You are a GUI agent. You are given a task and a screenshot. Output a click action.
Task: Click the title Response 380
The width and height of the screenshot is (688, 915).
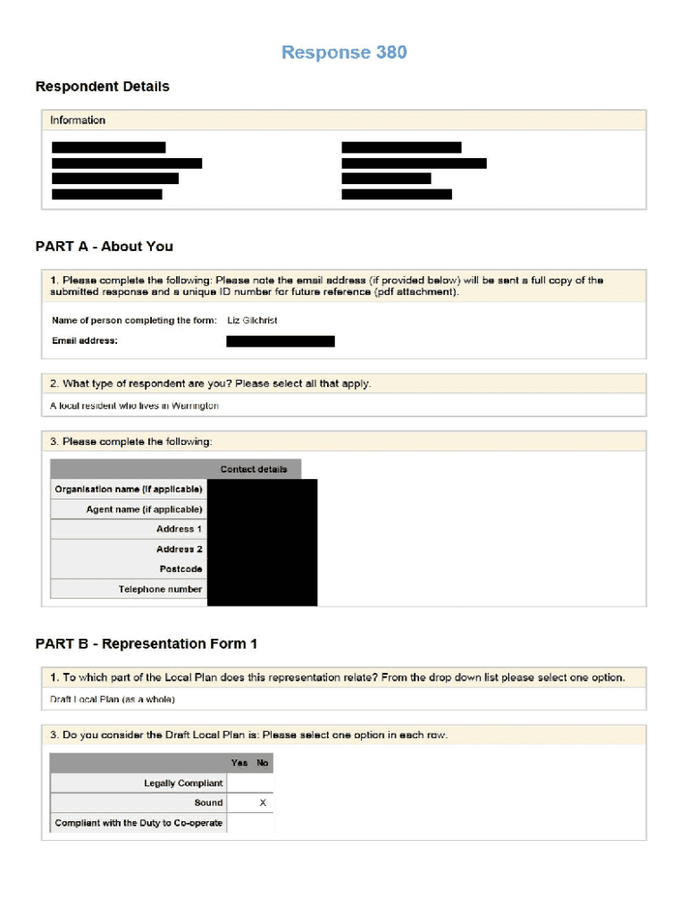344,53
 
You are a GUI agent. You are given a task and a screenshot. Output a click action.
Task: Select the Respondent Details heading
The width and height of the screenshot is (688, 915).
102,87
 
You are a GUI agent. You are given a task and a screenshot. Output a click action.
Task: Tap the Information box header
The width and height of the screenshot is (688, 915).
78,121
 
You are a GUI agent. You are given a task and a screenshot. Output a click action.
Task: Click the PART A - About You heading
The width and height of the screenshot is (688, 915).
104,247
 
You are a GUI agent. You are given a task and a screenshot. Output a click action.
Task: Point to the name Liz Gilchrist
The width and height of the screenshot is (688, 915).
252,320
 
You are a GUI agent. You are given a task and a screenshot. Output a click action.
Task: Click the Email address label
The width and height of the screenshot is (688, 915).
85,340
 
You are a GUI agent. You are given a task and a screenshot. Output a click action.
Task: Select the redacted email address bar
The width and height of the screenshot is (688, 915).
281,341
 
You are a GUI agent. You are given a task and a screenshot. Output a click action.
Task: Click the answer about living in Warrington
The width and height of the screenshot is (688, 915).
134,406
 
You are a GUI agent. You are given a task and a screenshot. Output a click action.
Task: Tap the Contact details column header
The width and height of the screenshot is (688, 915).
254,469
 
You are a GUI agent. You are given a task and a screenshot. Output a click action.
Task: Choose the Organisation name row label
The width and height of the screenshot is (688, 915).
129,490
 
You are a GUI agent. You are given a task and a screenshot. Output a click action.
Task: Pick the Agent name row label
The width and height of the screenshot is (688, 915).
144,509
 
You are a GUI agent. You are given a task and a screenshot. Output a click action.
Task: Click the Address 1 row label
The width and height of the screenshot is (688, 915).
179,529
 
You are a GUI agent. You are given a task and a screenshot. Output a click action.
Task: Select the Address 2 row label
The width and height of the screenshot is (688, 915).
179,550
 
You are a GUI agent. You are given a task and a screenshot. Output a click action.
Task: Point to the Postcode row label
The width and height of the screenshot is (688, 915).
180,569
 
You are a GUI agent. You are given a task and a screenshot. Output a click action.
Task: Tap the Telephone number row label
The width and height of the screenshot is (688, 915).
160,590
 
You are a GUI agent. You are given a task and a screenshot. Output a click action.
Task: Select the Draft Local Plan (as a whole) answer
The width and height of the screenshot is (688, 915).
113,699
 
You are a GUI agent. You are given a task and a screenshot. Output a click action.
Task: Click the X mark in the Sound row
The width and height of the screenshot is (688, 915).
262,803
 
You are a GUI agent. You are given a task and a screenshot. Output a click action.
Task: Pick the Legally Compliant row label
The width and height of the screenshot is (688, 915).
183,784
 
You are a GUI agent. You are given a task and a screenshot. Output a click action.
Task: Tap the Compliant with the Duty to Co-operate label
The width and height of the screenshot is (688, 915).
138,823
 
